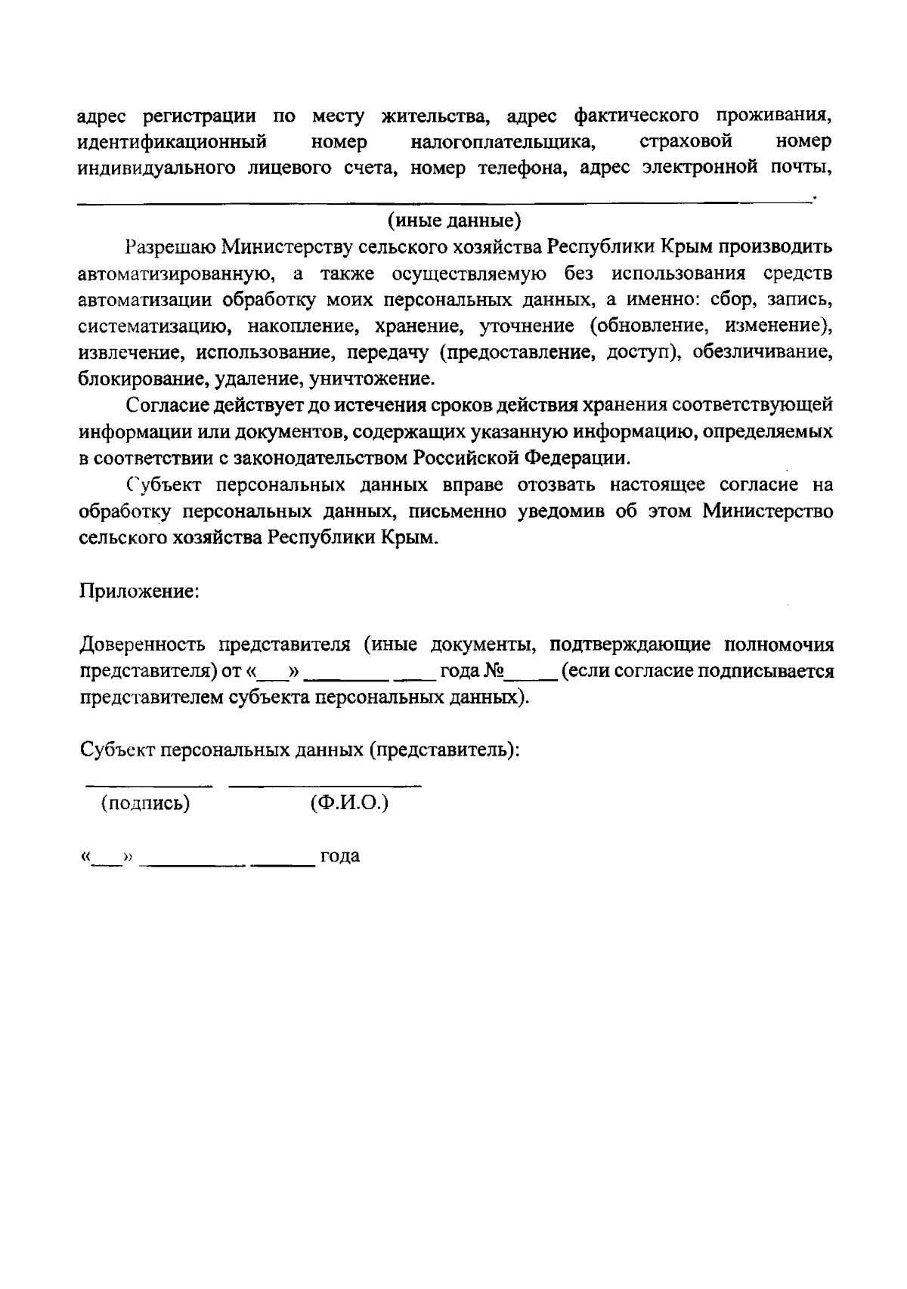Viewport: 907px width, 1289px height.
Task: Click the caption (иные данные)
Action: (454, 221)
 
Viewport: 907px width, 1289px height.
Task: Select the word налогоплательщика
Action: (500, 142)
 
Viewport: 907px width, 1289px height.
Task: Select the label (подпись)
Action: (146, 803)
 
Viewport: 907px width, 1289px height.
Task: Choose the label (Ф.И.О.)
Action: (348, 803)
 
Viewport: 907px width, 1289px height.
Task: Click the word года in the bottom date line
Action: (339, 857)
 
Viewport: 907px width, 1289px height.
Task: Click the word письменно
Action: (457, 512)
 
